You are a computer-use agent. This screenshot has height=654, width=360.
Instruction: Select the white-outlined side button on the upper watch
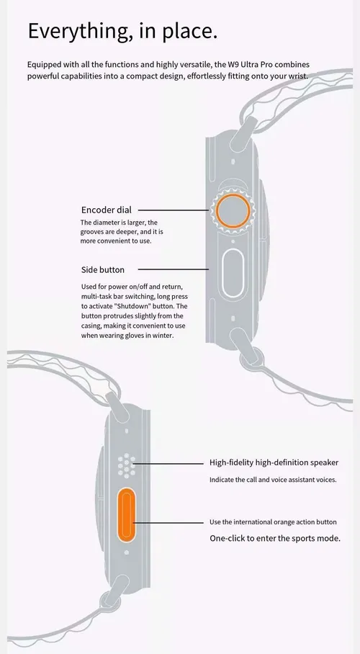pos(233,273)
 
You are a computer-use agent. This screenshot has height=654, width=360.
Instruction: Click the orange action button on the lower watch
pos(127,516)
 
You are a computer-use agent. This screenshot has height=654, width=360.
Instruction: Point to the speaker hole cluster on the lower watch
pos(127,466)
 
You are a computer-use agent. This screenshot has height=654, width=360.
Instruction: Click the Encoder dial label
pos(106,210)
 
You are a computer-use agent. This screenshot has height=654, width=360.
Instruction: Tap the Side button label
pos(103,270)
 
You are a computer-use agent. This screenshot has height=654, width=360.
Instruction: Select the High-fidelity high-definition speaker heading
pos(274,462)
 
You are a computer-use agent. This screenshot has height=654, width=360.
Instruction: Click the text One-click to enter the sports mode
pos(275,539)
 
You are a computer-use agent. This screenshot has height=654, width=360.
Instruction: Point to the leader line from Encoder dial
pos(173,210)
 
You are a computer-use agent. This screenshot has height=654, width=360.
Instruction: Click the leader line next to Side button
pos(173,269)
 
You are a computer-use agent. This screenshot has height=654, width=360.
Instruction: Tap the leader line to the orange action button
pos(168,522)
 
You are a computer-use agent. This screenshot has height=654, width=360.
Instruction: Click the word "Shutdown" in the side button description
pos(133,306)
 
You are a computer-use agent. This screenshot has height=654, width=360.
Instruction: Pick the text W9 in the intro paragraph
pos(233,65)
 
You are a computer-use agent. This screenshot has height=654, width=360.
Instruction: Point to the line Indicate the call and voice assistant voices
pos(273,480)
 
